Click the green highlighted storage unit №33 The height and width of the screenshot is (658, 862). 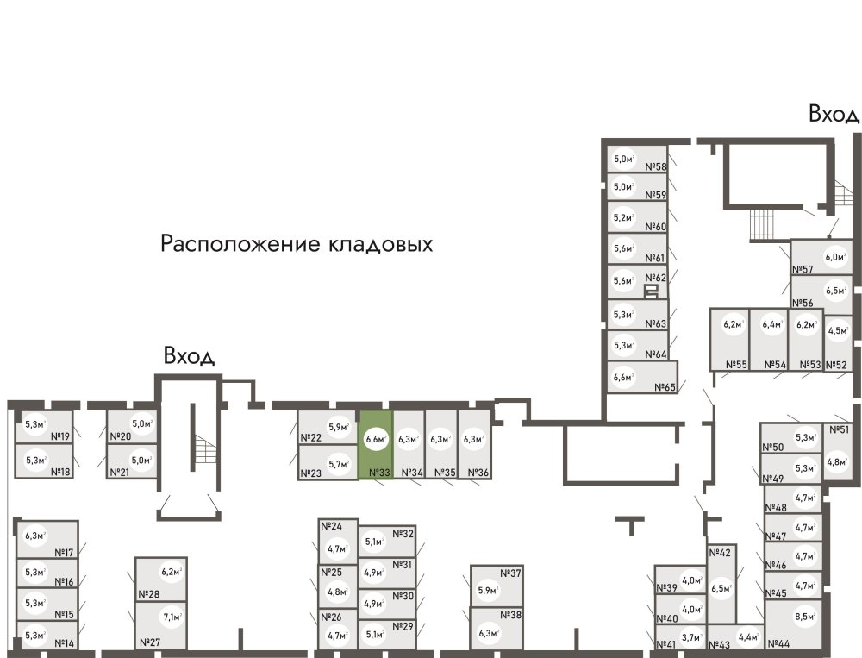pyautogui.click(x=376, y=444)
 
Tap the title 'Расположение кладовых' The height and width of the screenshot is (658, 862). pyautogui.click(x=297, y=244)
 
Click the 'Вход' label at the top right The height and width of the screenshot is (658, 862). pyautogui.click(x=833, y=115)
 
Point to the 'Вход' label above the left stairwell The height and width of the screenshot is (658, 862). pyautogui.click(x=189, y=356)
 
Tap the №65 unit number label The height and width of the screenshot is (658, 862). pyautogui.click(x=665, y=387)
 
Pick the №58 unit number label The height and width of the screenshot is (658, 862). pyautogui.click(x=656, y=167)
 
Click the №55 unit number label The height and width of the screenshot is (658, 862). pyautogui.click(x=735, y=365)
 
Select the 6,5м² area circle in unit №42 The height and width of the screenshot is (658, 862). pyautogui.click(x=721, y=589)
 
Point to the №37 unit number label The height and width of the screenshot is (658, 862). pyautogui.click(x=512, y=574)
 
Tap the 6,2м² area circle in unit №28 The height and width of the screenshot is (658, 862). pyautogui.click(x=172, y=571)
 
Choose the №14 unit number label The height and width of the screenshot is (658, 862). pyautogui.click(x=64, y=643)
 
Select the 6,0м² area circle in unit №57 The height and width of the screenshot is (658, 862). pyautogui.click(x=834, y=256)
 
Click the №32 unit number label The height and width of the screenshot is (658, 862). pyautogui.click(x=403, y=534)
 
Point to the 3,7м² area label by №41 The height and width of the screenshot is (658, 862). pyautogui.click(x=691, y=638)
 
